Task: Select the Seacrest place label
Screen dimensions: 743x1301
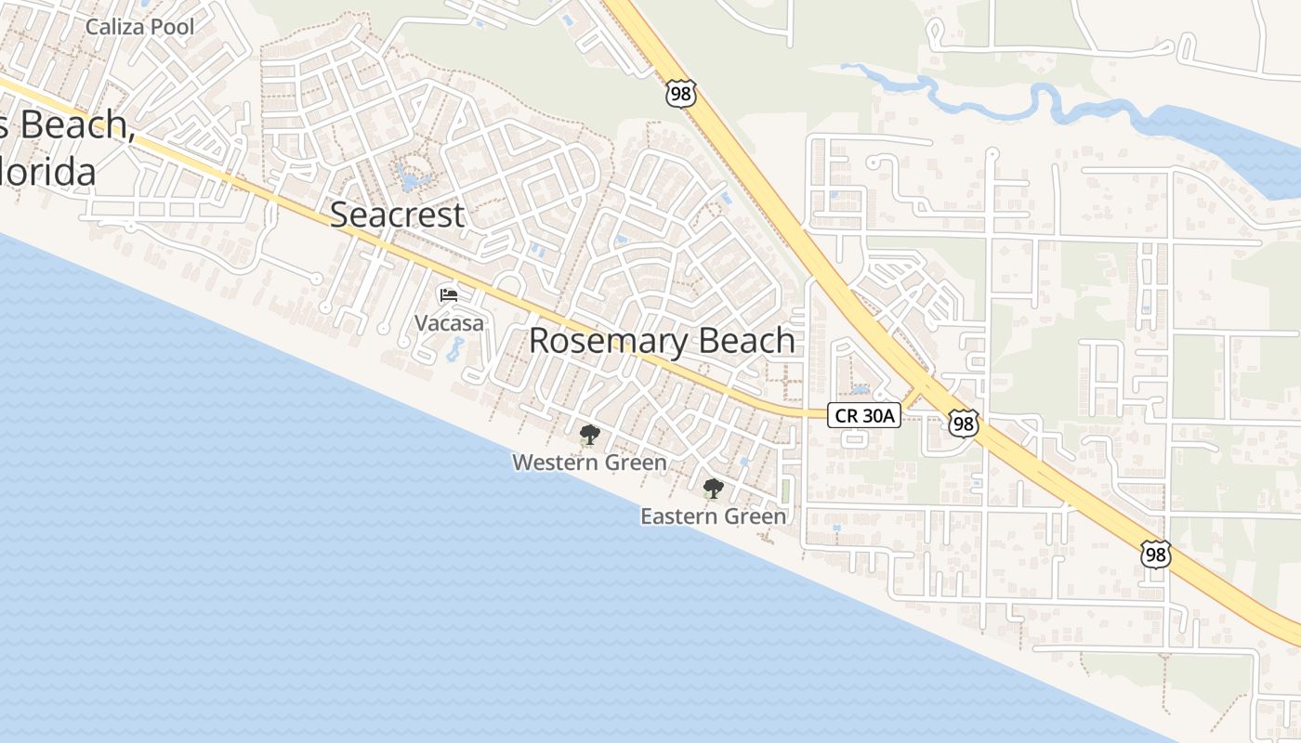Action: coord(397,215)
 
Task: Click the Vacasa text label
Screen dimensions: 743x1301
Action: coord(449,323)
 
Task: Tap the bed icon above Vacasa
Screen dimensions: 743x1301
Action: coord(449,296)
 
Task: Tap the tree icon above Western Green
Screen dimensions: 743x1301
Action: coord(589,435)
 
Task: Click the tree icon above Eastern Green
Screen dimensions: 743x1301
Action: coord(713,489)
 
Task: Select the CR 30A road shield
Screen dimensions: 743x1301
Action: coord(864,416)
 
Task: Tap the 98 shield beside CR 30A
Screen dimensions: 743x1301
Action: coord(964,424)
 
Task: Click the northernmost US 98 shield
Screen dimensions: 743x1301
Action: coord(680,93)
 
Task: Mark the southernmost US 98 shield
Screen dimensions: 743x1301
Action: coord(1156,555)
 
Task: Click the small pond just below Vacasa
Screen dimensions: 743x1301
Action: coord(454,349)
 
